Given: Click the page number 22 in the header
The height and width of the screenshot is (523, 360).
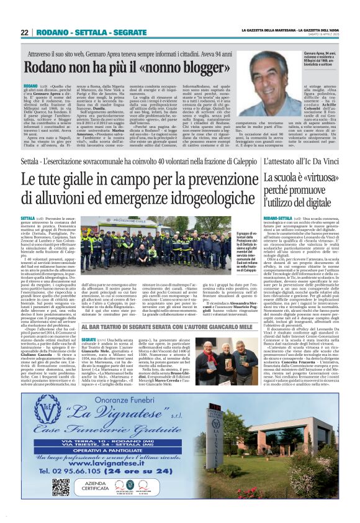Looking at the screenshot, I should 24,32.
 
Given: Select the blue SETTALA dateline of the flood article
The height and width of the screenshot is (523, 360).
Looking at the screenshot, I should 28,219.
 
